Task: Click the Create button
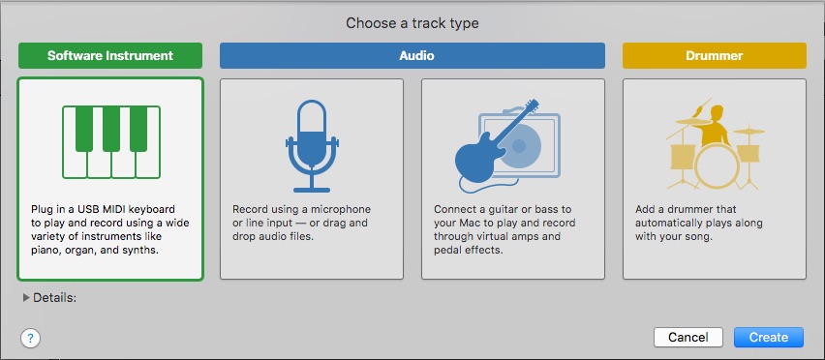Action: (x=769, y=337)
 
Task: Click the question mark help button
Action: (x=31, y=338)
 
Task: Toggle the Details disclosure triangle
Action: (x=26, y=298)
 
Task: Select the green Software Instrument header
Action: (x=110, y=56)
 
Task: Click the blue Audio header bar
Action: (x=412, y=56)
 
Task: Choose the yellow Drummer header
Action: (x=714, y=56)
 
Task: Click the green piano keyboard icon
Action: (x=111, y=142)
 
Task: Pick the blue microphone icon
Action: (x=312, y=147)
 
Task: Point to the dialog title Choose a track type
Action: (x=412, y=23)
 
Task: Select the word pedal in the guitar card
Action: (x=447, y=250)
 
